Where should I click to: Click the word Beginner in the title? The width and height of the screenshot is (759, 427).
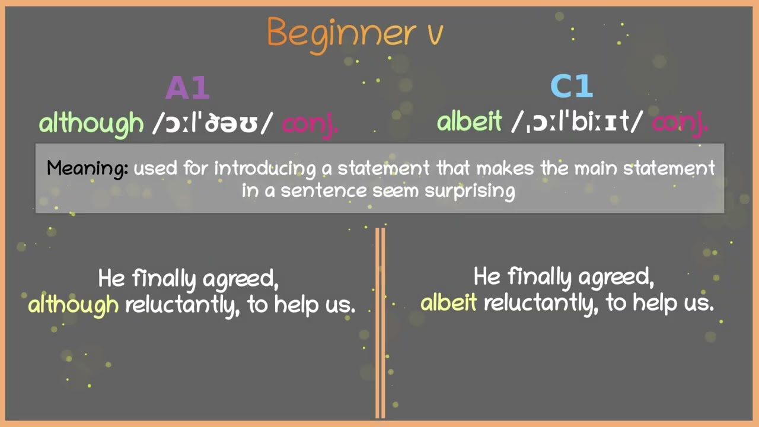[341, 33]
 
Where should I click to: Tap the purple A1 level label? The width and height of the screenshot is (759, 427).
[187, 88]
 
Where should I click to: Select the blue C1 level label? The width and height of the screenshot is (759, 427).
[572, 87]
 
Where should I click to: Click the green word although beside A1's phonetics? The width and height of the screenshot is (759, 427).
[91, 123]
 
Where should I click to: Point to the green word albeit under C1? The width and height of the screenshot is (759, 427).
[469, 122]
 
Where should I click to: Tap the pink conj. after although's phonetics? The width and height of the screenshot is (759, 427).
[310, 124]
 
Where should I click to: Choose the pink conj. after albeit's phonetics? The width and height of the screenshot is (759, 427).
[680, 123]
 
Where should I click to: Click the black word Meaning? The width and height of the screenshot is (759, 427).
[87, 168]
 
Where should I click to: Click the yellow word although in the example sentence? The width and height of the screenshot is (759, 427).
[74, 305]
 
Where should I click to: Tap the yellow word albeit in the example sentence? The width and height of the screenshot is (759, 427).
[449, 303]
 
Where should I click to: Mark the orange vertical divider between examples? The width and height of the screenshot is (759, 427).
[380, 323]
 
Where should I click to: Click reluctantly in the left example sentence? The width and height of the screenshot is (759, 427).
[182, 305]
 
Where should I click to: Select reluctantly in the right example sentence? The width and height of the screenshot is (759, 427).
[541, 303]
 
